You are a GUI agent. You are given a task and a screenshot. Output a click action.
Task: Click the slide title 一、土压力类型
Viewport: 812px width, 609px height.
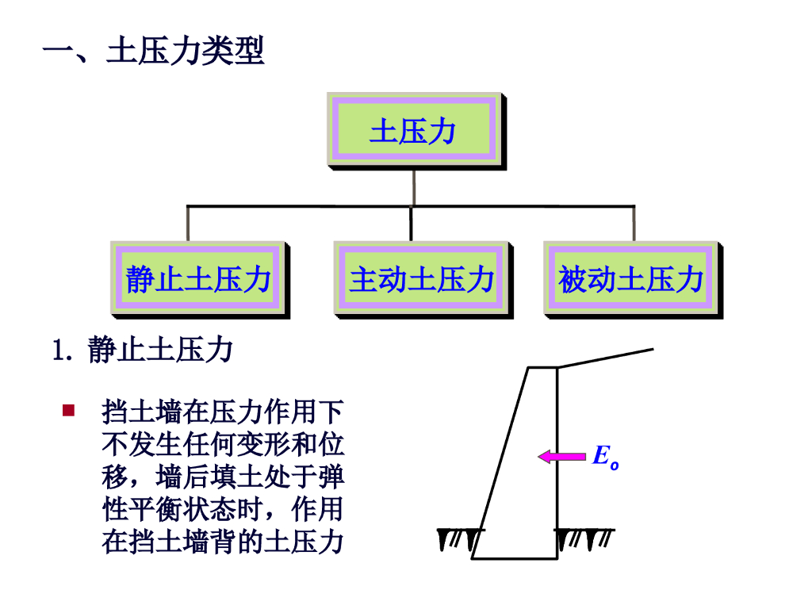tap(153, 52)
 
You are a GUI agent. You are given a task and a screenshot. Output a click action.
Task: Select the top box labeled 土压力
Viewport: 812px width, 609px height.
tap(414, 131)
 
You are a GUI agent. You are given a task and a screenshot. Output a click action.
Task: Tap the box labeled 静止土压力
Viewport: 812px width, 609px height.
tap(198, 279)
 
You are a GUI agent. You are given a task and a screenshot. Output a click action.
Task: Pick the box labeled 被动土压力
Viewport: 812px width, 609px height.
tap(631, 279)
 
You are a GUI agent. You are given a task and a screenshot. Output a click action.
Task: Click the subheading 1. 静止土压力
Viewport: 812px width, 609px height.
tap(142, 350)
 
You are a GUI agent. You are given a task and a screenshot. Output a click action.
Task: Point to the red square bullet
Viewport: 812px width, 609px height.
tap(68, 411)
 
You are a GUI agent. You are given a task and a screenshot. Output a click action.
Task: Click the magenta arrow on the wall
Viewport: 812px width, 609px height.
tap(562, 456)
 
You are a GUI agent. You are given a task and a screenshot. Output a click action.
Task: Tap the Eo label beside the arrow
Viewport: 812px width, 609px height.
tap(604, 458)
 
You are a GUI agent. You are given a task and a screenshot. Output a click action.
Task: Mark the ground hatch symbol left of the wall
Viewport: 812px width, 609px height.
tap(460, 538)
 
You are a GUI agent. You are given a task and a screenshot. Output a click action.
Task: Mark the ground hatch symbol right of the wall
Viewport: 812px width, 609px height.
tap(585, 538)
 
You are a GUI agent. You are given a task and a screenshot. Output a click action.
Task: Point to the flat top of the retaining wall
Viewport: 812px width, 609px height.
tap(542, 367)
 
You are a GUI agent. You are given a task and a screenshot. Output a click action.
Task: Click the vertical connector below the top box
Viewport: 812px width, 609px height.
tap(413, 188)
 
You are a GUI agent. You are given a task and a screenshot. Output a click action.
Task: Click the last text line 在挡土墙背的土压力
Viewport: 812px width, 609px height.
tap(223, 543)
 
